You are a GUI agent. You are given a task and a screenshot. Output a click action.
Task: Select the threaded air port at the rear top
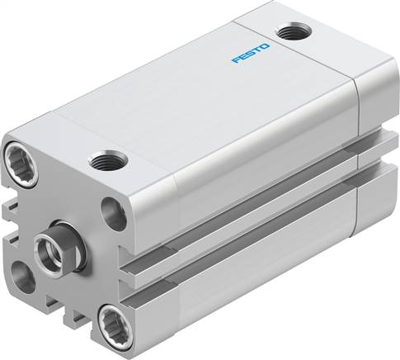pyautogui.click(x=289, y=33)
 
